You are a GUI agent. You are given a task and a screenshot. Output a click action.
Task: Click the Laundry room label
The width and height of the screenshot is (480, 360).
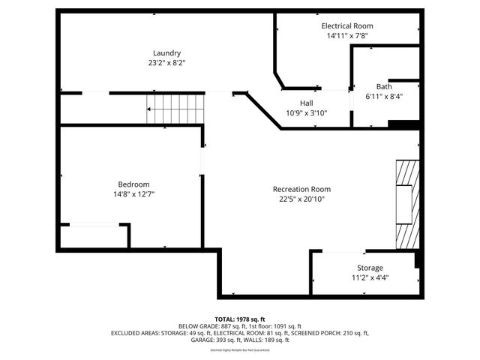point(166,52)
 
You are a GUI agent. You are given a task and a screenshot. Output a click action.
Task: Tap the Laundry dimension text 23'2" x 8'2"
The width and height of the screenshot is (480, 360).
point(166,63)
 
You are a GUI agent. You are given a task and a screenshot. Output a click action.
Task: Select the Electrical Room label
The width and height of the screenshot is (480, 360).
point(349,25)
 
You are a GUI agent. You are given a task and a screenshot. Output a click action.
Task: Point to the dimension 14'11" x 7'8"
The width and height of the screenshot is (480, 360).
point(349,35)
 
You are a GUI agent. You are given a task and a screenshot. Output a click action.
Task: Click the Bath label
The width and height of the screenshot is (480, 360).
point(384,86)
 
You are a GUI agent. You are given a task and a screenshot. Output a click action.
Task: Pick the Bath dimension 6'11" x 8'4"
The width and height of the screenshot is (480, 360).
point(384,96)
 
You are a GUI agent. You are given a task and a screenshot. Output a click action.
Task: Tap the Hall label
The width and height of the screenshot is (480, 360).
point(307,103)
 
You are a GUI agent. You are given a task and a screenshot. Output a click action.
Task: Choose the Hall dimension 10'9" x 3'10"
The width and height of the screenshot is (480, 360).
point(307,112)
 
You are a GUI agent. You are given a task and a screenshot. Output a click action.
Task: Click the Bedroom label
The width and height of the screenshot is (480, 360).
point(133,184)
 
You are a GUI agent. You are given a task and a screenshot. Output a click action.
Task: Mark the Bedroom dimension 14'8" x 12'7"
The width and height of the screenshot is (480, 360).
point(133,194)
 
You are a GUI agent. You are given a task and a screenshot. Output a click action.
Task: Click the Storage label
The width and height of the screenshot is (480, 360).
point(370,268)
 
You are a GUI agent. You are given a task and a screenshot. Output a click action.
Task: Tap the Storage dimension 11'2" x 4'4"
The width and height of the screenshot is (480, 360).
point(370,277)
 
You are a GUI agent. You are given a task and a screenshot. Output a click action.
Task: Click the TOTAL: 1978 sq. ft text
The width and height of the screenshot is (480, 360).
point(240,319)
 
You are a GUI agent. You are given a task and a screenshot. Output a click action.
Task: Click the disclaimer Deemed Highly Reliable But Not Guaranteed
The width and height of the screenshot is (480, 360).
point(240,349)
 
